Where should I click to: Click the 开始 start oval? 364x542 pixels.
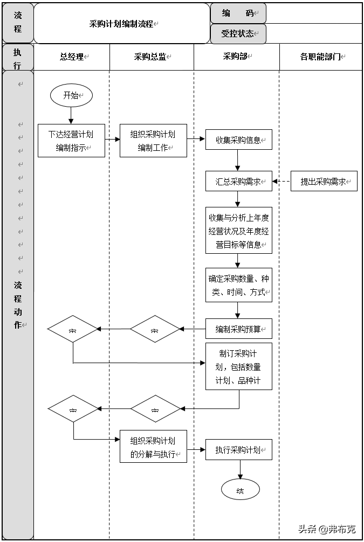coord(71,96)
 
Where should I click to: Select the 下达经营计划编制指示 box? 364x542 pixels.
coord(71,141)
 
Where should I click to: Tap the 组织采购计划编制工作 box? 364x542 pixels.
coord(153,141)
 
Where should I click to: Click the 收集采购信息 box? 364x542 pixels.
coord(238,140)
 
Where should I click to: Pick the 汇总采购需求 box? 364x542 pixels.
coord(238,182)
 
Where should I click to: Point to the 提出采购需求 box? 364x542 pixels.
coord(324,182)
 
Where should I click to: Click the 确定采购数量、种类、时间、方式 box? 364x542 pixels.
coord(238,286)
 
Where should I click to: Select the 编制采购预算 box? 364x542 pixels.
coord(238,329)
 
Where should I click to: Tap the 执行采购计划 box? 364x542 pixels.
coord(238,450)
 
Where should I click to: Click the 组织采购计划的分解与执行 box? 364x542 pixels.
coord(153,447)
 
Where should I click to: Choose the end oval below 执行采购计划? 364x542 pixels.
coord(240,490)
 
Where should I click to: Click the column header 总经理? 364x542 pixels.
coord(72,57)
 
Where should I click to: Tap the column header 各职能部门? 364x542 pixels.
coord(321,57)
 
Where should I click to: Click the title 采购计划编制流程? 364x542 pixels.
coord(121,24)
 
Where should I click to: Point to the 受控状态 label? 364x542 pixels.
coord(238,33)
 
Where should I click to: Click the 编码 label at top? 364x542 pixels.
coord(238,13)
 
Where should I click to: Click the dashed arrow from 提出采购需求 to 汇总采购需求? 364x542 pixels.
coord(281,182)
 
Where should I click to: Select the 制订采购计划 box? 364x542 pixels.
coord(238,366)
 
